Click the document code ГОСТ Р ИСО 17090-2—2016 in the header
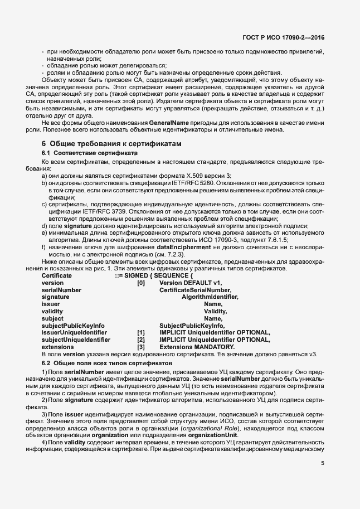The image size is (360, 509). pyautogui.click(x=284, y=38)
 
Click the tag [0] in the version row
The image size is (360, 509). pyautogui.click(x=141, y=283)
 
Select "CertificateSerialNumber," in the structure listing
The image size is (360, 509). pyautogui.click(x=194, y=290)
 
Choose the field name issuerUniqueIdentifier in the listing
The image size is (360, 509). pyautogui.click(x=75, y=333)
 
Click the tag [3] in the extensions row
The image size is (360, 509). pyautogui.click(x=141, y=347)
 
